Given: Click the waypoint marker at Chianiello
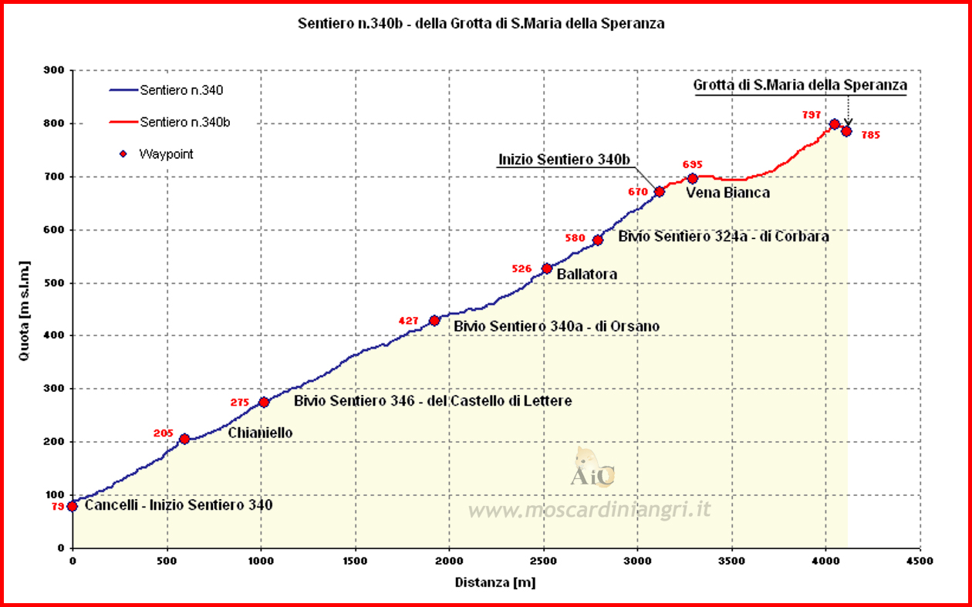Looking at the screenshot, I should pos(184,439).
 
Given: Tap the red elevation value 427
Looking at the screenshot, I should pos(409,321).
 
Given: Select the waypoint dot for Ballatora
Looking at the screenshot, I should pos(547,268).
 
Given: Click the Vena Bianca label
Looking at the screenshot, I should pos(727,193).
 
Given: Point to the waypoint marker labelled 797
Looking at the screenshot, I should pos(834,124).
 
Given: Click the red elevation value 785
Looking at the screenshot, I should pos(871,135).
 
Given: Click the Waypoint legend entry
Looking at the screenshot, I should pos(166,154).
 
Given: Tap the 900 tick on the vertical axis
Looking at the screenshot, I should pos(54,70).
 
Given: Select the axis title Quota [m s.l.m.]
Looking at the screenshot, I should pos(25,309).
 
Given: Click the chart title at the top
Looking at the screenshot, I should pos(481,24).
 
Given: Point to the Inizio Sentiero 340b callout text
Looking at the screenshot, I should pos(565,160).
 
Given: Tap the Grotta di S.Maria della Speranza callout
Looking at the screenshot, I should pos(800,85).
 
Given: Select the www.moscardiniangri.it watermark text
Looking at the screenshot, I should pos(589,510).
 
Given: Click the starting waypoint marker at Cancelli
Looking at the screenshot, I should pos(73,506).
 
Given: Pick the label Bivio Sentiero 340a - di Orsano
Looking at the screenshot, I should pos(556,326).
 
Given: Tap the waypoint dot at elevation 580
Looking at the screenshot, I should pos(598,241).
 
